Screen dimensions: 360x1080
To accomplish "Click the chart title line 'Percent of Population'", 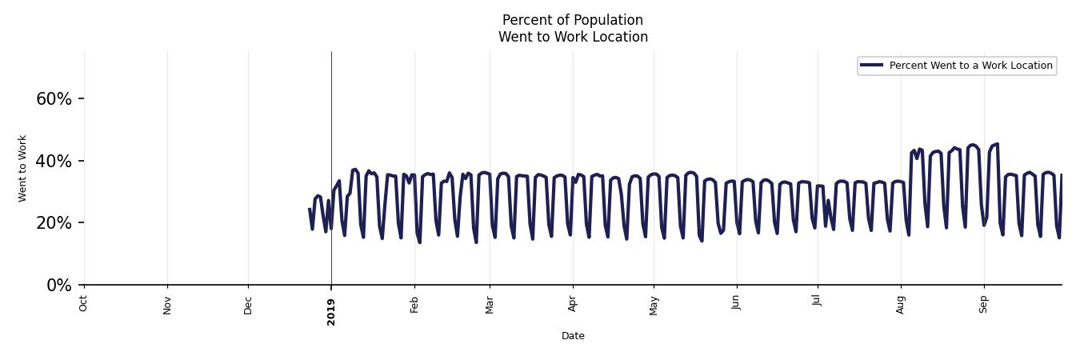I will (x=572, y=20).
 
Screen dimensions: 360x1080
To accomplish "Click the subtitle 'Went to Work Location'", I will (x=573, y=37).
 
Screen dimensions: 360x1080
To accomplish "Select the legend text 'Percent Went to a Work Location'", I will (x=970, y=66).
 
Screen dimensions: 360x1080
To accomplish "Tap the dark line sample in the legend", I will (x=871, y=66).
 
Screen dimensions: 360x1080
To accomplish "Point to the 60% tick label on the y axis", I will (x=54, y=99).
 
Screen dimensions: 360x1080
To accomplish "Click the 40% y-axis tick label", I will (x=54, y=162).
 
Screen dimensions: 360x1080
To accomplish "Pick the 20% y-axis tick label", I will (x=54, y=223).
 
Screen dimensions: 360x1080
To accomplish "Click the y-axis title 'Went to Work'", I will (x=22, y=168).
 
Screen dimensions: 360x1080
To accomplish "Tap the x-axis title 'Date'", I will (x=573, y=336).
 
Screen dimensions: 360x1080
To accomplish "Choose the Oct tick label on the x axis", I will (x=84, y=302).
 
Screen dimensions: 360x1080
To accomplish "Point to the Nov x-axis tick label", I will (x=167, y=304).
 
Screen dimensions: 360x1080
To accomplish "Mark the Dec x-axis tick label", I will (x=248, y=304).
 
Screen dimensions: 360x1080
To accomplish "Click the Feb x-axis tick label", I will (x=414, y=304).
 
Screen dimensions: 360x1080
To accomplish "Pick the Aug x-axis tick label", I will (x=901, y=304).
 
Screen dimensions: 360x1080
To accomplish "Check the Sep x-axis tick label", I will (x=984, y=304).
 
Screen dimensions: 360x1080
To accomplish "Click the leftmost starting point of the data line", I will (x=310, y=210).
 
